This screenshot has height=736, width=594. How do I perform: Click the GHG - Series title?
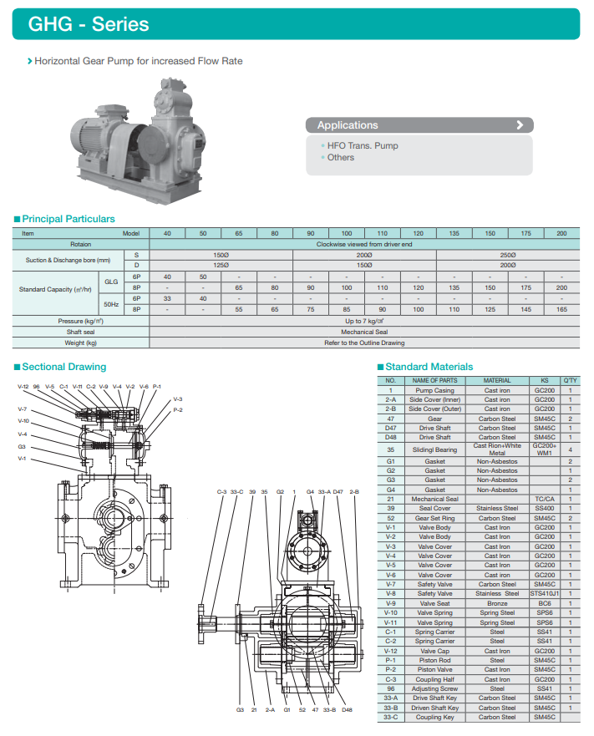pyautogui.click(x=89, y=23)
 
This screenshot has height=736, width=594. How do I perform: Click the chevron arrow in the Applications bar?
pyautogui.click(x=520, y=125)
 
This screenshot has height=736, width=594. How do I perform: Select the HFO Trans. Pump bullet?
pyautogui.click(x=363, y=145)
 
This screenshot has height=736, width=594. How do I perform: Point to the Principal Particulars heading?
pyautogui.click(x=68, y=219)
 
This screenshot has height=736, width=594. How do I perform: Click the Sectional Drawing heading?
pyautogui.click(x=63, y=367)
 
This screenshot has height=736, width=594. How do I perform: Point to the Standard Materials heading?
pyautogui.click(x=429, y=367)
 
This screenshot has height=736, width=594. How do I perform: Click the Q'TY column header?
pyautogui.click(x=570, y=381)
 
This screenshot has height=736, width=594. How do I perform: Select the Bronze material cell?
pyautogui.click(x=497, y=603)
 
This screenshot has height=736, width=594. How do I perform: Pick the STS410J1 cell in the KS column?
pyautogui.click(x=544, y=594)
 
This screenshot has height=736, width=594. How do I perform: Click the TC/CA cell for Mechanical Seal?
pyautogui.click(x=544, y=499)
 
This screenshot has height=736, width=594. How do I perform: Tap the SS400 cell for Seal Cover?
pyautogui.click(x=544, y=508)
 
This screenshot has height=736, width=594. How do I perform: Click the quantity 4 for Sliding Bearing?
pyautogui.click(x=570, y=449)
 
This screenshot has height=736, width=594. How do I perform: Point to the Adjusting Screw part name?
pyautogui.click(x=434, y=688)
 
